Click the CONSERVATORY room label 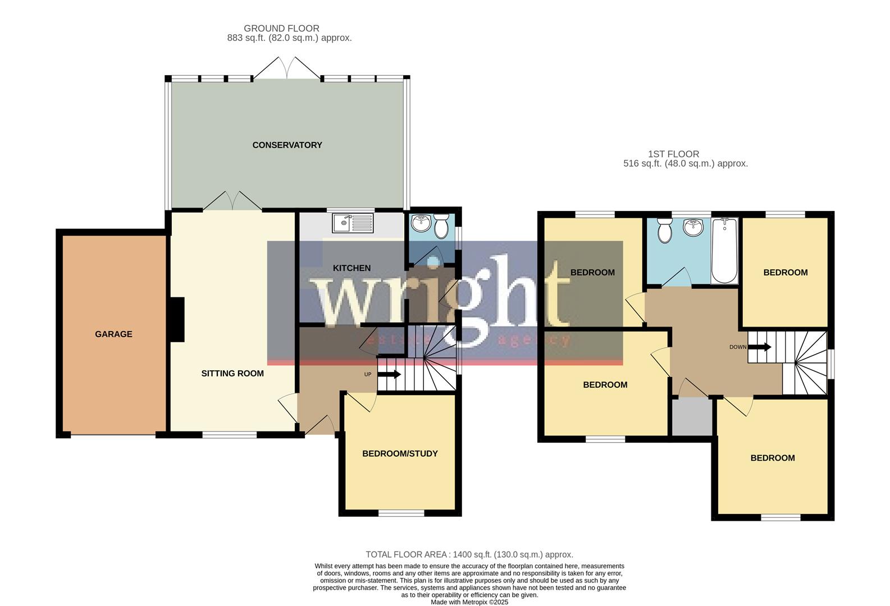pyautogui.click(x=287, y=145)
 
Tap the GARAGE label pyautogui.click(x=113, y=334)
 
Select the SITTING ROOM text pyautogui.click(x=232, y=373)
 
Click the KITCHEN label pyautogui.click(x=352, y=268)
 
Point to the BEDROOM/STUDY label pyautogui.click(x=400, y=453)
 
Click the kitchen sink pyautogui.click(x=352, y=223)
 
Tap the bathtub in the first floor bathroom pyautogui.click(x=724, y=250)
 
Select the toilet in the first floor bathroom pyautogui.click(x=665, y=231)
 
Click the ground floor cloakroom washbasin pyautogui.click(x=420, y=224)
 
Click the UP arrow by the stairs pyautogui.click(x=389, y=374)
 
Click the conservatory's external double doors pyautogui.click(x=287, y=68)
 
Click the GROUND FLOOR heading pyautogui.click(x=281, y=28)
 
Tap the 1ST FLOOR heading pyautogui.click(x=673, y=154)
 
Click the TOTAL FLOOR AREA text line pyautogui.click(x=469, y=554)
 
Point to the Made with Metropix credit pyautogui.click(x=469, y=602)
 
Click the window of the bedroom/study pyautogui.click(x=401, y=513)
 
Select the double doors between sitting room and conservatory pyautogui.click(x=232, y=201)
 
